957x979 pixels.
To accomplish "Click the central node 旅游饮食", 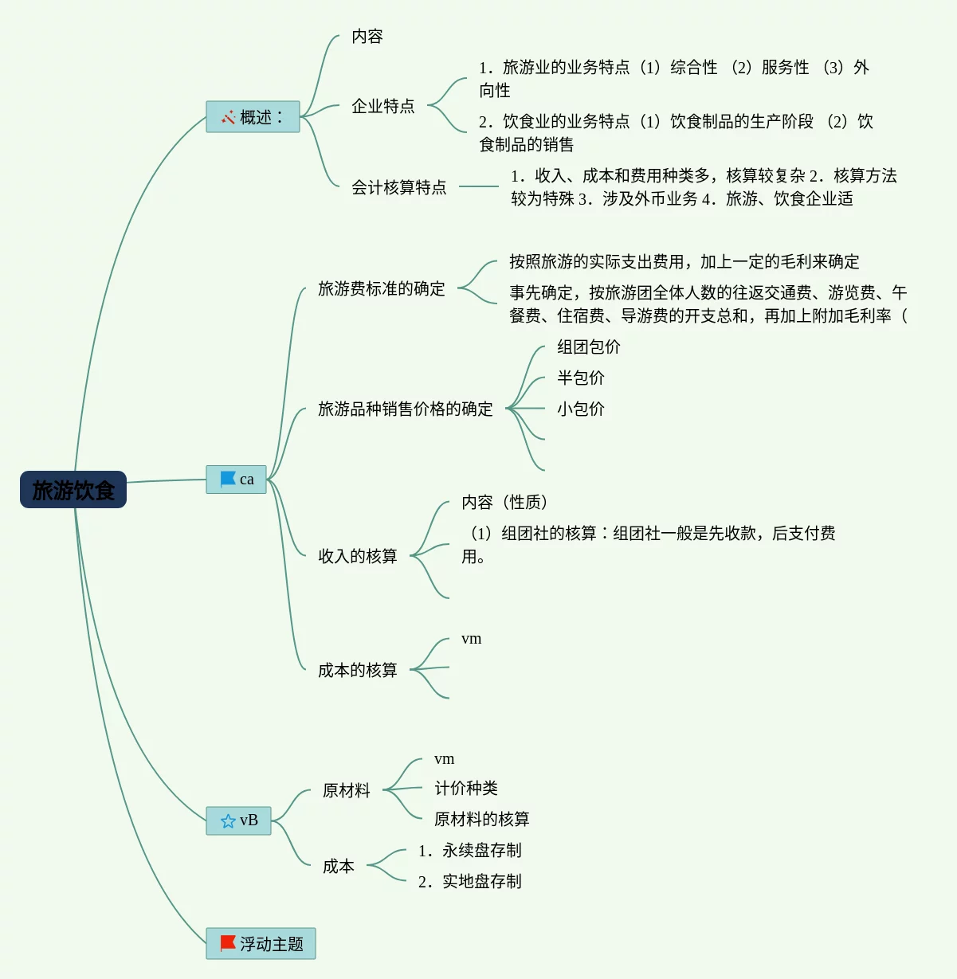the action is (x=73, y=490).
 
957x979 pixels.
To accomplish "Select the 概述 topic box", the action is (x=253, y=117).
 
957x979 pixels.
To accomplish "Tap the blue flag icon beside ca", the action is (x=228, y=479).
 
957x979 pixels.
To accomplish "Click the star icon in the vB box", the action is (x=228, y=820).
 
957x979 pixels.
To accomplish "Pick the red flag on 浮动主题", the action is (x=228, y=943).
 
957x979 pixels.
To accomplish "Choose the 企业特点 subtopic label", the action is (x=382, y=106).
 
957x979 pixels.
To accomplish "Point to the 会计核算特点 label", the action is (x=398, y=187).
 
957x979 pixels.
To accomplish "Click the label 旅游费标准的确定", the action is (x=381, y=288).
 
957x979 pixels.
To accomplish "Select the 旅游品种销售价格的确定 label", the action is (x=405, y=409).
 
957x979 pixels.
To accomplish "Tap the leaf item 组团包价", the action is (x=588, y=347).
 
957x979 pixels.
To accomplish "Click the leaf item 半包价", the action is (x=580, y=378).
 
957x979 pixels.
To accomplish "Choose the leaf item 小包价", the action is (x=580, y=409).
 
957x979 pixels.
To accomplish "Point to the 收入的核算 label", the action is (x=357, y=556).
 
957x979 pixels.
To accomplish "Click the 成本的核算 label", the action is (x=357, y=670).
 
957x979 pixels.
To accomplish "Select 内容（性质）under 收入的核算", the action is (x=504, y=502).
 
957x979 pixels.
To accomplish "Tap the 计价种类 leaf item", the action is (x=465, y=788).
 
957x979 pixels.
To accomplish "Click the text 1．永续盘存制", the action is (x=469, y=850).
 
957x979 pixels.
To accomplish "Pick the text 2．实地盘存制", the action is (x=469, y=881).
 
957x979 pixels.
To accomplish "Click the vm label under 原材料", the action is (x=444, y=759).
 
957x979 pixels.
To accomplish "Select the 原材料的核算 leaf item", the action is (x=481, y=819).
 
